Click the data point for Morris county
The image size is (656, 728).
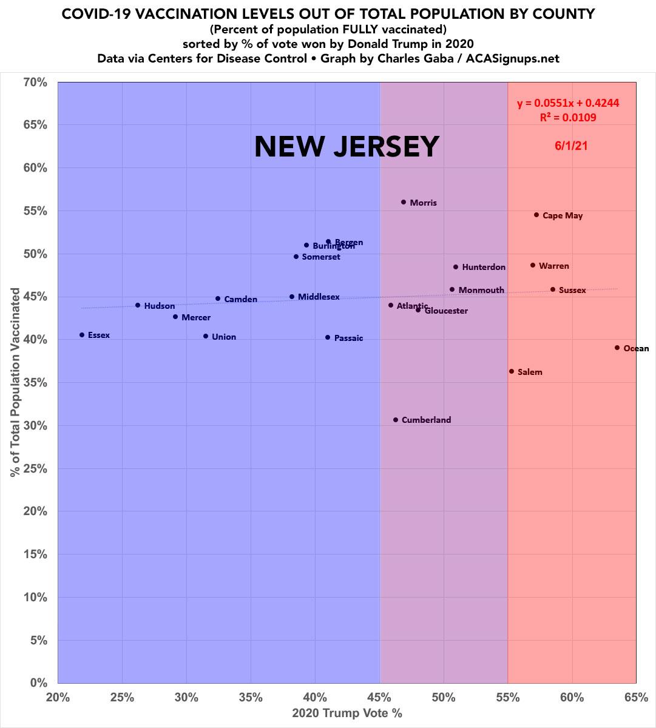click(404, 202)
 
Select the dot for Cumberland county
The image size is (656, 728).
click(396, 420)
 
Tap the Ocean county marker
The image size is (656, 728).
click(617, 348)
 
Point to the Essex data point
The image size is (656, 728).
click(82, 335)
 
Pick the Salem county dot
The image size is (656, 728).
click(512, 371)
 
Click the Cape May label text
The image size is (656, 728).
click(563, 215)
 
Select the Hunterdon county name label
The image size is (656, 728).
click(484, 267)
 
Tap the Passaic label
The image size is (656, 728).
click(348, 338)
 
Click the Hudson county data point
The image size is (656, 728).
click(138, 305)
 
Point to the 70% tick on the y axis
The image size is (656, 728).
click(34, 82)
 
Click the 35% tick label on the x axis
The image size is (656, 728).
click(251, 697)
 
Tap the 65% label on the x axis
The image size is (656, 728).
click(636, 697)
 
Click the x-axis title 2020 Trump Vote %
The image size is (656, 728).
click(347, 713)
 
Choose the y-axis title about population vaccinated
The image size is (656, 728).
click(16, 382)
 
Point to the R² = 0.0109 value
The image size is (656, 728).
click(568, 118)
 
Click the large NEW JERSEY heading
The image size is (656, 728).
click(346, 146)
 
